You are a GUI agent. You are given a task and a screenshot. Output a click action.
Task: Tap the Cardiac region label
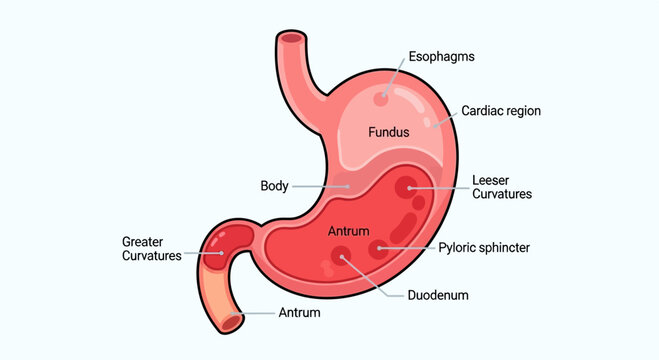point(500,111)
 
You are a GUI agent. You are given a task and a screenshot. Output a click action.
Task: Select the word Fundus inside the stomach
point(389,132)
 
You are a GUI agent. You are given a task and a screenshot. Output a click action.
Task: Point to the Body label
point(274,186)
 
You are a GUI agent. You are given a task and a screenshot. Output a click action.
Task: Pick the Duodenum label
point(438,296)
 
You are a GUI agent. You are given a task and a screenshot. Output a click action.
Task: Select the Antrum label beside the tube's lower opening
point(299,314)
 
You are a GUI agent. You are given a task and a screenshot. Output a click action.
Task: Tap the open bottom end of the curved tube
point(233,321)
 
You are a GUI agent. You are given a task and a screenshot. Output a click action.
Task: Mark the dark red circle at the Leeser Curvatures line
point(406,187)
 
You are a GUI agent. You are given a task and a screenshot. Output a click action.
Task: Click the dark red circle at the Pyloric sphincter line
point(378,249)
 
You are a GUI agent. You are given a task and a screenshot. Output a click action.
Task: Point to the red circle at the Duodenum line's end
point(345,259)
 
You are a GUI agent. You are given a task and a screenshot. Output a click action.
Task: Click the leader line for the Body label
point(320,186)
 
